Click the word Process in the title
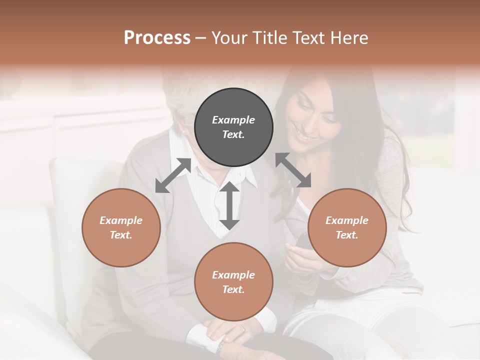[x=157, y=38]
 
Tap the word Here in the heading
[x=349, y=38]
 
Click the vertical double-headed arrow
[x=229, y=205]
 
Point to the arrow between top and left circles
[x=173, y=175]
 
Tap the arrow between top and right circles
[x=293, y=170]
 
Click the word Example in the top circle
[x=233, y=120]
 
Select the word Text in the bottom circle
[x=232, y=289]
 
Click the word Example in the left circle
[x=121, y=220]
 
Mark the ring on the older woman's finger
[x=243, y=329]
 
